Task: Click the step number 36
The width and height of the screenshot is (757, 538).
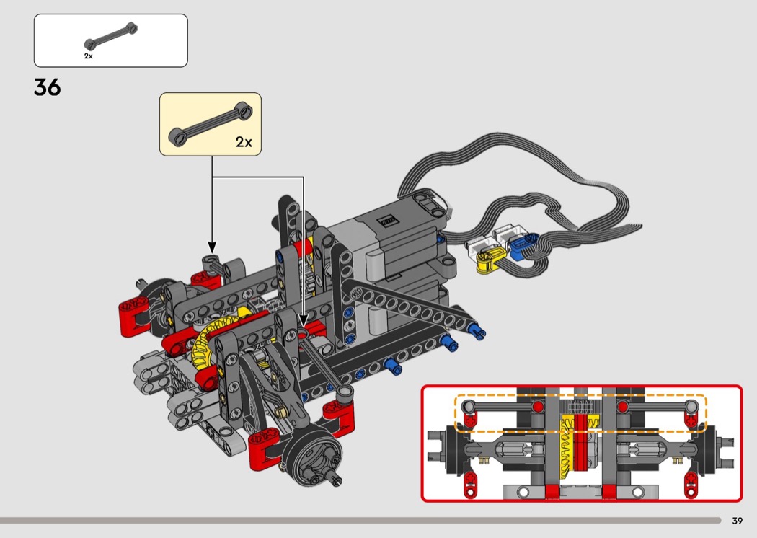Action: [x=48, y=87]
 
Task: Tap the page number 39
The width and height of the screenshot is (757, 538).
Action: [x=737, y=521]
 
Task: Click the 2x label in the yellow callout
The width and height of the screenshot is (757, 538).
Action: [x=244, y=142]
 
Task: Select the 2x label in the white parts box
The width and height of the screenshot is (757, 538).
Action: [x=89, y=56]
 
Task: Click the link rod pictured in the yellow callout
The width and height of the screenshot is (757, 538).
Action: [x=211, y=124]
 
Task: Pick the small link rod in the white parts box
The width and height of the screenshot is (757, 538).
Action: [x=110, y=36]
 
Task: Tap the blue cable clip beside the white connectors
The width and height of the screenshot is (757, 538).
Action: [x=523, y=247]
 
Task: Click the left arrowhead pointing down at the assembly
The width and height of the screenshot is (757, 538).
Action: [x=212, y=247]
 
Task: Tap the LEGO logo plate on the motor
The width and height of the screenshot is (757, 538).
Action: [x=389, y=221]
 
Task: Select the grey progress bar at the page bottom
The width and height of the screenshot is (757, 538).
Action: [x=360, y=521]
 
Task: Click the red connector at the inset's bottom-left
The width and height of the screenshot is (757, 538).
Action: [x=470, y=484]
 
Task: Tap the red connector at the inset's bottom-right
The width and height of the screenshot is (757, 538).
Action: [x=691, y=484]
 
